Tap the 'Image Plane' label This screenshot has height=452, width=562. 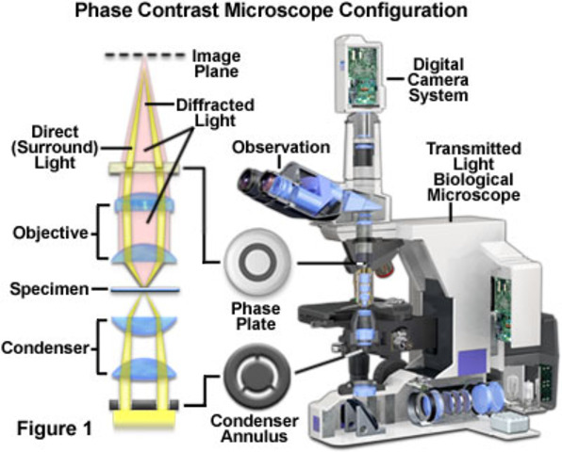(216, 62)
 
